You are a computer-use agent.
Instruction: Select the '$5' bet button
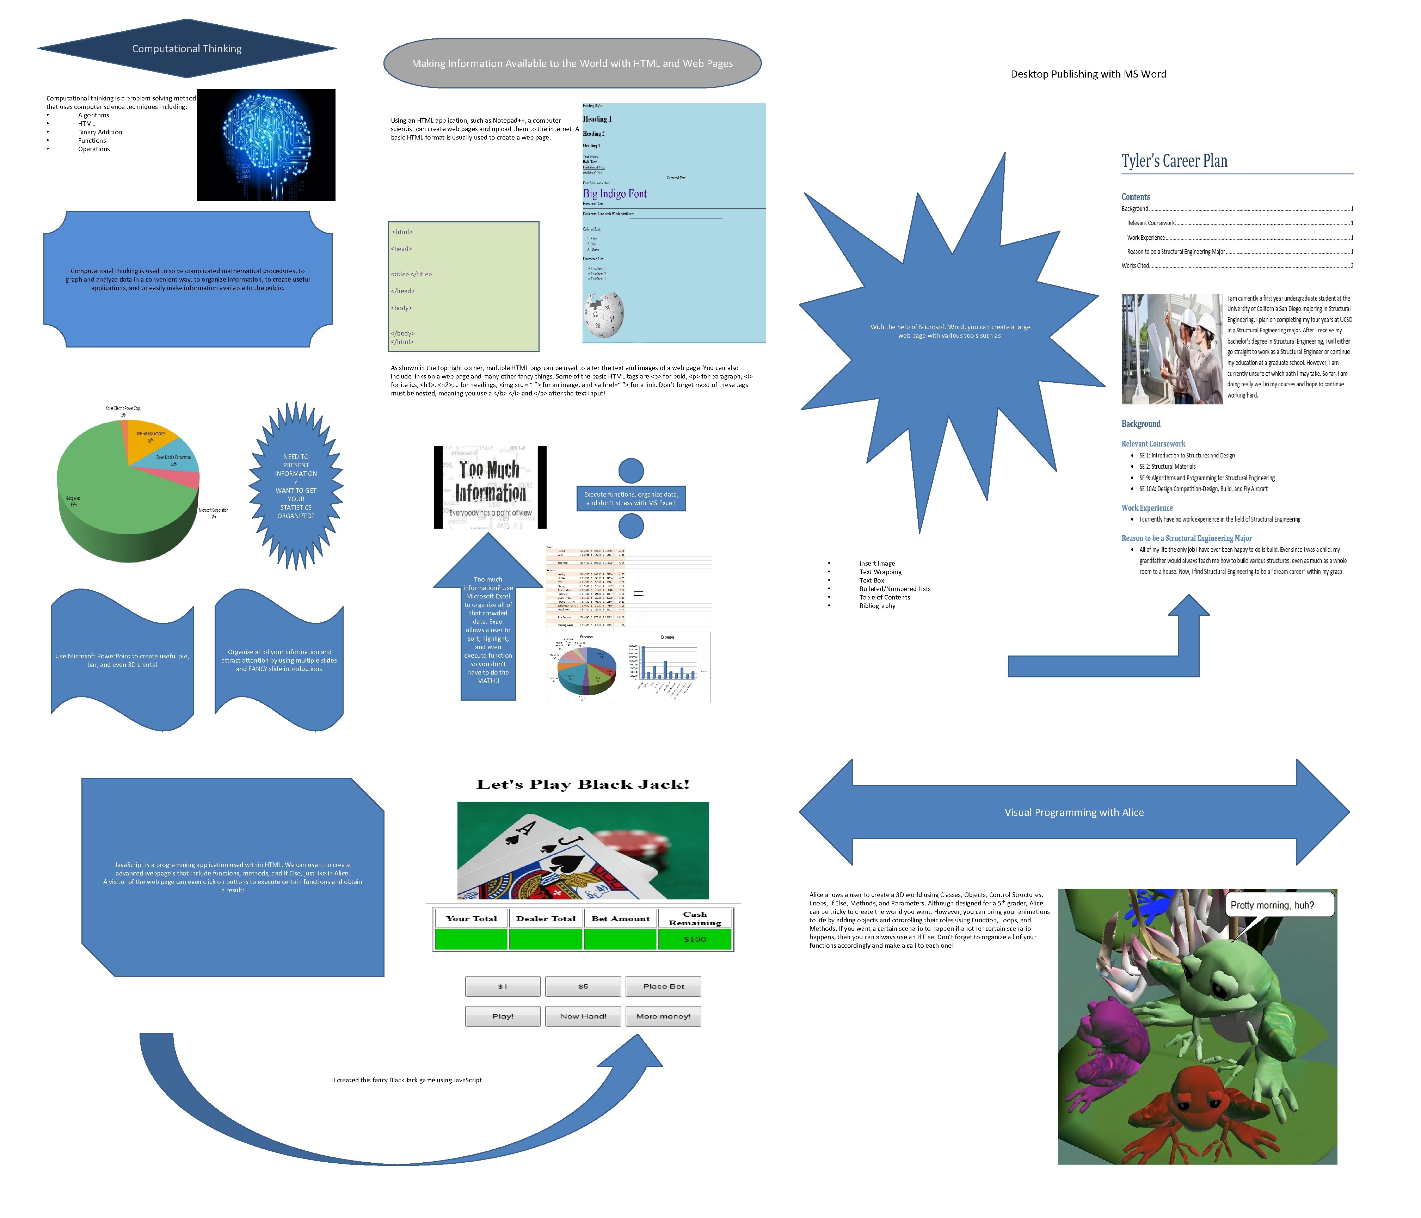click(x=583, y=986)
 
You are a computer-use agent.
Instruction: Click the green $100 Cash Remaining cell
click(x=695, y=939)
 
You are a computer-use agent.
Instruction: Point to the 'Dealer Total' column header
click(x=546, y=918)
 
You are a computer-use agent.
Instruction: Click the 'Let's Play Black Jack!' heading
click(x=583, y=785)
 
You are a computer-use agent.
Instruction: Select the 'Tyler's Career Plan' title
click(x=1174, y=161)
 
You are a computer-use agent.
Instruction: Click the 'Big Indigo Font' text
click(x=615, y=194)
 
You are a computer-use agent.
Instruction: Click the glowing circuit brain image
click(x=266, y=145)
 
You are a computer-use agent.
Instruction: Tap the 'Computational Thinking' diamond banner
click(x=186, y=49)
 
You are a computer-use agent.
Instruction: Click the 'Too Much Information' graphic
click(x=490, y=487)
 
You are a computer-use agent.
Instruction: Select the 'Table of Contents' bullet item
click(x=885, y=597)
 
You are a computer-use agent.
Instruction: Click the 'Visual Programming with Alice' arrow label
click(x=1074, y=812)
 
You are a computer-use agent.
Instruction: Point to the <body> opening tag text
click(x=401, y=308)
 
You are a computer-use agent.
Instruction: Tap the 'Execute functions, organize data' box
click(x=631, y=499)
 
